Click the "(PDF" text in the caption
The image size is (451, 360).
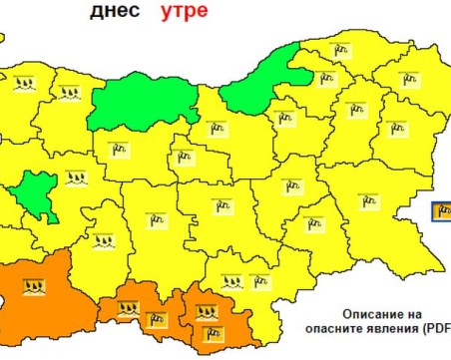[437, 326]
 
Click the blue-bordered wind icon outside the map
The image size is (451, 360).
[442, 210]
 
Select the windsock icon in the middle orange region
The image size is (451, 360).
[155, 319]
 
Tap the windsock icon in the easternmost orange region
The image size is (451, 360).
[211, 333]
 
